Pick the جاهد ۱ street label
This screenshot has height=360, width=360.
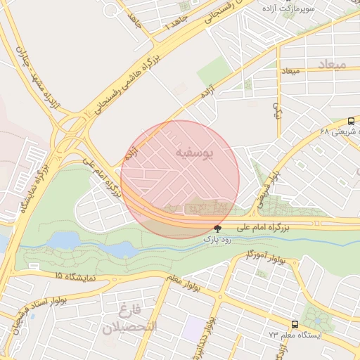coord(172,25)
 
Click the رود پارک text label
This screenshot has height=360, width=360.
coord(217,239)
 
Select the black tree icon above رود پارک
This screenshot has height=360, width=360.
coord(217,229)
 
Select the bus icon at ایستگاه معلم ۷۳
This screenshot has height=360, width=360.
coord(294,324)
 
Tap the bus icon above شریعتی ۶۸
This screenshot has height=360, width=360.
coord(351,120)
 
